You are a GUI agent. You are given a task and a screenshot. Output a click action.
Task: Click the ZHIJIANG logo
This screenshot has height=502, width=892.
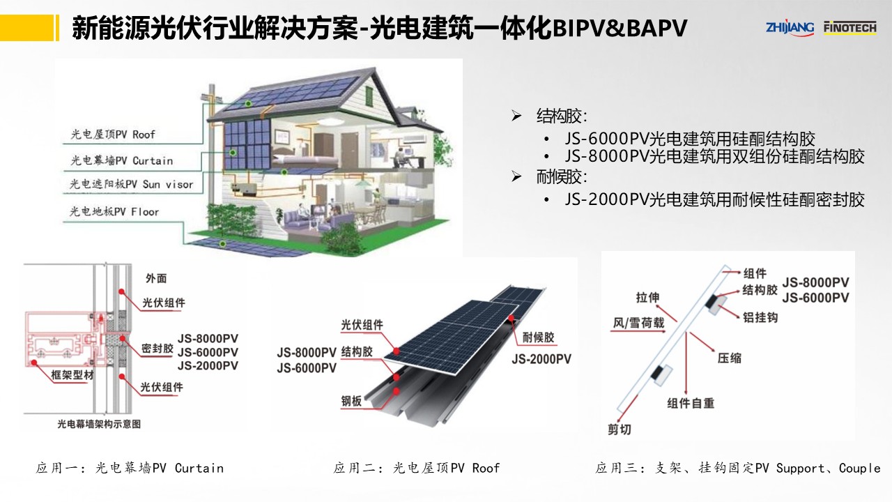pyautogui.click(x=790, y=26)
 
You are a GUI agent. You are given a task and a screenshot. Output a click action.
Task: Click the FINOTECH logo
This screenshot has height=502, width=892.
pyautogui.click(x=849, y=26)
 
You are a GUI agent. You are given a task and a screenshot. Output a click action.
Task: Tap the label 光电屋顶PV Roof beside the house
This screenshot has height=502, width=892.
pyautogui.click(x=113, y=134)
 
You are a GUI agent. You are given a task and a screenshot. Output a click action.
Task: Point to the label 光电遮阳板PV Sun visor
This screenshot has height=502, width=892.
pyautogui.click(x=131, y=185)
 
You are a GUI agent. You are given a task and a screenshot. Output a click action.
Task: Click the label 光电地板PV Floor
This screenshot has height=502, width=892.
pyautogui.click(x=115, y=211)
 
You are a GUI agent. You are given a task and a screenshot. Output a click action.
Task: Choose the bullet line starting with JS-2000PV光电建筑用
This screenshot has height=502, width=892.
pyautogui.click(x=714, y=200)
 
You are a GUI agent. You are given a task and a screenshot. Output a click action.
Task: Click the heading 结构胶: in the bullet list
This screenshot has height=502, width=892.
pyautogui.click(x=561, y=116)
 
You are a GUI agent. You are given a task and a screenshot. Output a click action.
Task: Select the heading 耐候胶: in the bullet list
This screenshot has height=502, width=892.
pyautogui.click(x=561, y=176)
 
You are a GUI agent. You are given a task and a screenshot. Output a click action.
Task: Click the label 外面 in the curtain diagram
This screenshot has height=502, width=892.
pyautogui.click(x=156, y=278)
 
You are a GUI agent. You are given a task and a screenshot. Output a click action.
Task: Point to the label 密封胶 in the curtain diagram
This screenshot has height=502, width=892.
pyautogui.click(x=157, y=348)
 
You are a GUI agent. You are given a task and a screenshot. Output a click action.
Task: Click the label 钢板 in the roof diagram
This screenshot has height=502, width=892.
pyautogui.click(x=351, y=401)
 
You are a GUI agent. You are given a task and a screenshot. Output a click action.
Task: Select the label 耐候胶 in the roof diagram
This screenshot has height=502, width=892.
pyautogui.click(x=538, y=337)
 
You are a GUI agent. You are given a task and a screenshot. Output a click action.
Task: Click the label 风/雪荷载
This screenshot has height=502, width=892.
pyautogui.click(x=638, y=323)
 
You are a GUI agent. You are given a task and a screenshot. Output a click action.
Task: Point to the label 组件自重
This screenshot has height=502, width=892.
pyautogui.click(x=691, y=403)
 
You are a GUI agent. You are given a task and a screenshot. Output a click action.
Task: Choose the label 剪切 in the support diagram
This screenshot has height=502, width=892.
pyautogui.click(x=619, y=429)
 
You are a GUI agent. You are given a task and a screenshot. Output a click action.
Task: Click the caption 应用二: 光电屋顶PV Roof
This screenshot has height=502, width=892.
pyautogui.click(x=417, y=468)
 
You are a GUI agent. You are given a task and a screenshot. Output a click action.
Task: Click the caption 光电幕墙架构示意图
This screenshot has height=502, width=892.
pyautogui.click(x=98, y=423)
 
